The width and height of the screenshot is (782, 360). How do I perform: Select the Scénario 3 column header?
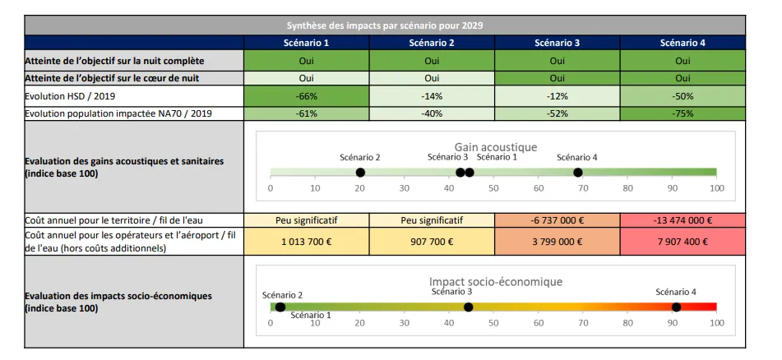(x=557, y=43)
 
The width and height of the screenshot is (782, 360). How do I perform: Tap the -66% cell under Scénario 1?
(x=307, y=95)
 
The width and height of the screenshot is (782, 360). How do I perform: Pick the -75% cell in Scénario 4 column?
(x=682, y=113)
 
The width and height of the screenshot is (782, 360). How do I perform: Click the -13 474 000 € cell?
(x=682, y=220)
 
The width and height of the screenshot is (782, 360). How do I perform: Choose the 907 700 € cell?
(x=432, y=242)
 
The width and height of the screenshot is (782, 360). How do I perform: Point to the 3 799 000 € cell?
(x=557, y=242)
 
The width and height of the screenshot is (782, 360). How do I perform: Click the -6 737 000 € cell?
(x=557, y=220)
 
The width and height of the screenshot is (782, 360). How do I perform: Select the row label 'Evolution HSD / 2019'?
(x=69, y=95)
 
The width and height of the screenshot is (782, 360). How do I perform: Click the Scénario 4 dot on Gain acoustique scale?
(x=578, y=172)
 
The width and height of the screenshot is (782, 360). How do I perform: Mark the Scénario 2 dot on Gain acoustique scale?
(x=360, y=172)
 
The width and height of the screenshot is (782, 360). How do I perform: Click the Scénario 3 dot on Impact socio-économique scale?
(x=468, y=307)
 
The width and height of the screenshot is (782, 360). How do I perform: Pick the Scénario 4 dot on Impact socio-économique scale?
(x=676, y=307)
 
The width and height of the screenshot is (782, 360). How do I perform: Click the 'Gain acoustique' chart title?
(x=495, y=147)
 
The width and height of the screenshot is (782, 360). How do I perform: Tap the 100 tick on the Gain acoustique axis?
(x=716, y=188)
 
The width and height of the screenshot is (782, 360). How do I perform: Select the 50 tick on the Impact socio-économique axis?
(x=493, y=323)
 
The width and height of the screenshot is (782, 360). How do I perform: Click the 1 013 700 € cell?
(x=307, y=242)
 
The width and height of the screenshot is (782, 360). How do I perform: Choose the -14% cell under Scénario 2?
(x=432, y=95)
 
